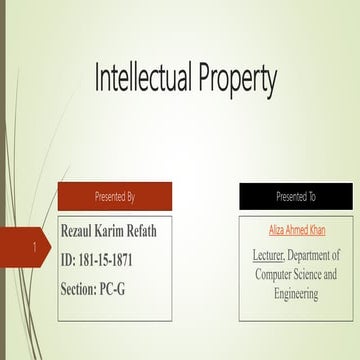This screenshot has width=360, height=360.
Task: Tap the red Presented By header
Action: coord(114,196)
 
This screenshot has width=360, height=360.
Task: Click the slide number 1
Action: coord(35,246)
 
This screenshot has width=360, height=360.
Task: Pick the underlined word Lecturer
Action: coord(268,255)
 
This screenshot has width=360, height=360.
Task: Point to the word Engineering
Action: coord(296,294)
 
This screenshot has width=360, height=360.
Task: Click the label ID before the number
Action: coord(68,260)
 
